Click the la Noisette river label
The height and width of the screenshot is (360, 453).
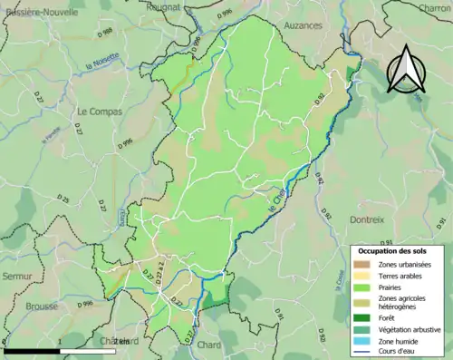click(x=101, y=65)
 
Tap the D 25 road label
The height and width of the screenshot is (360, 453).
click(x=63, y=199)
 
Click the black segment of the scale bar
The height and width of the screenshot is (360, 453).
click(x=31, y=350)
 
